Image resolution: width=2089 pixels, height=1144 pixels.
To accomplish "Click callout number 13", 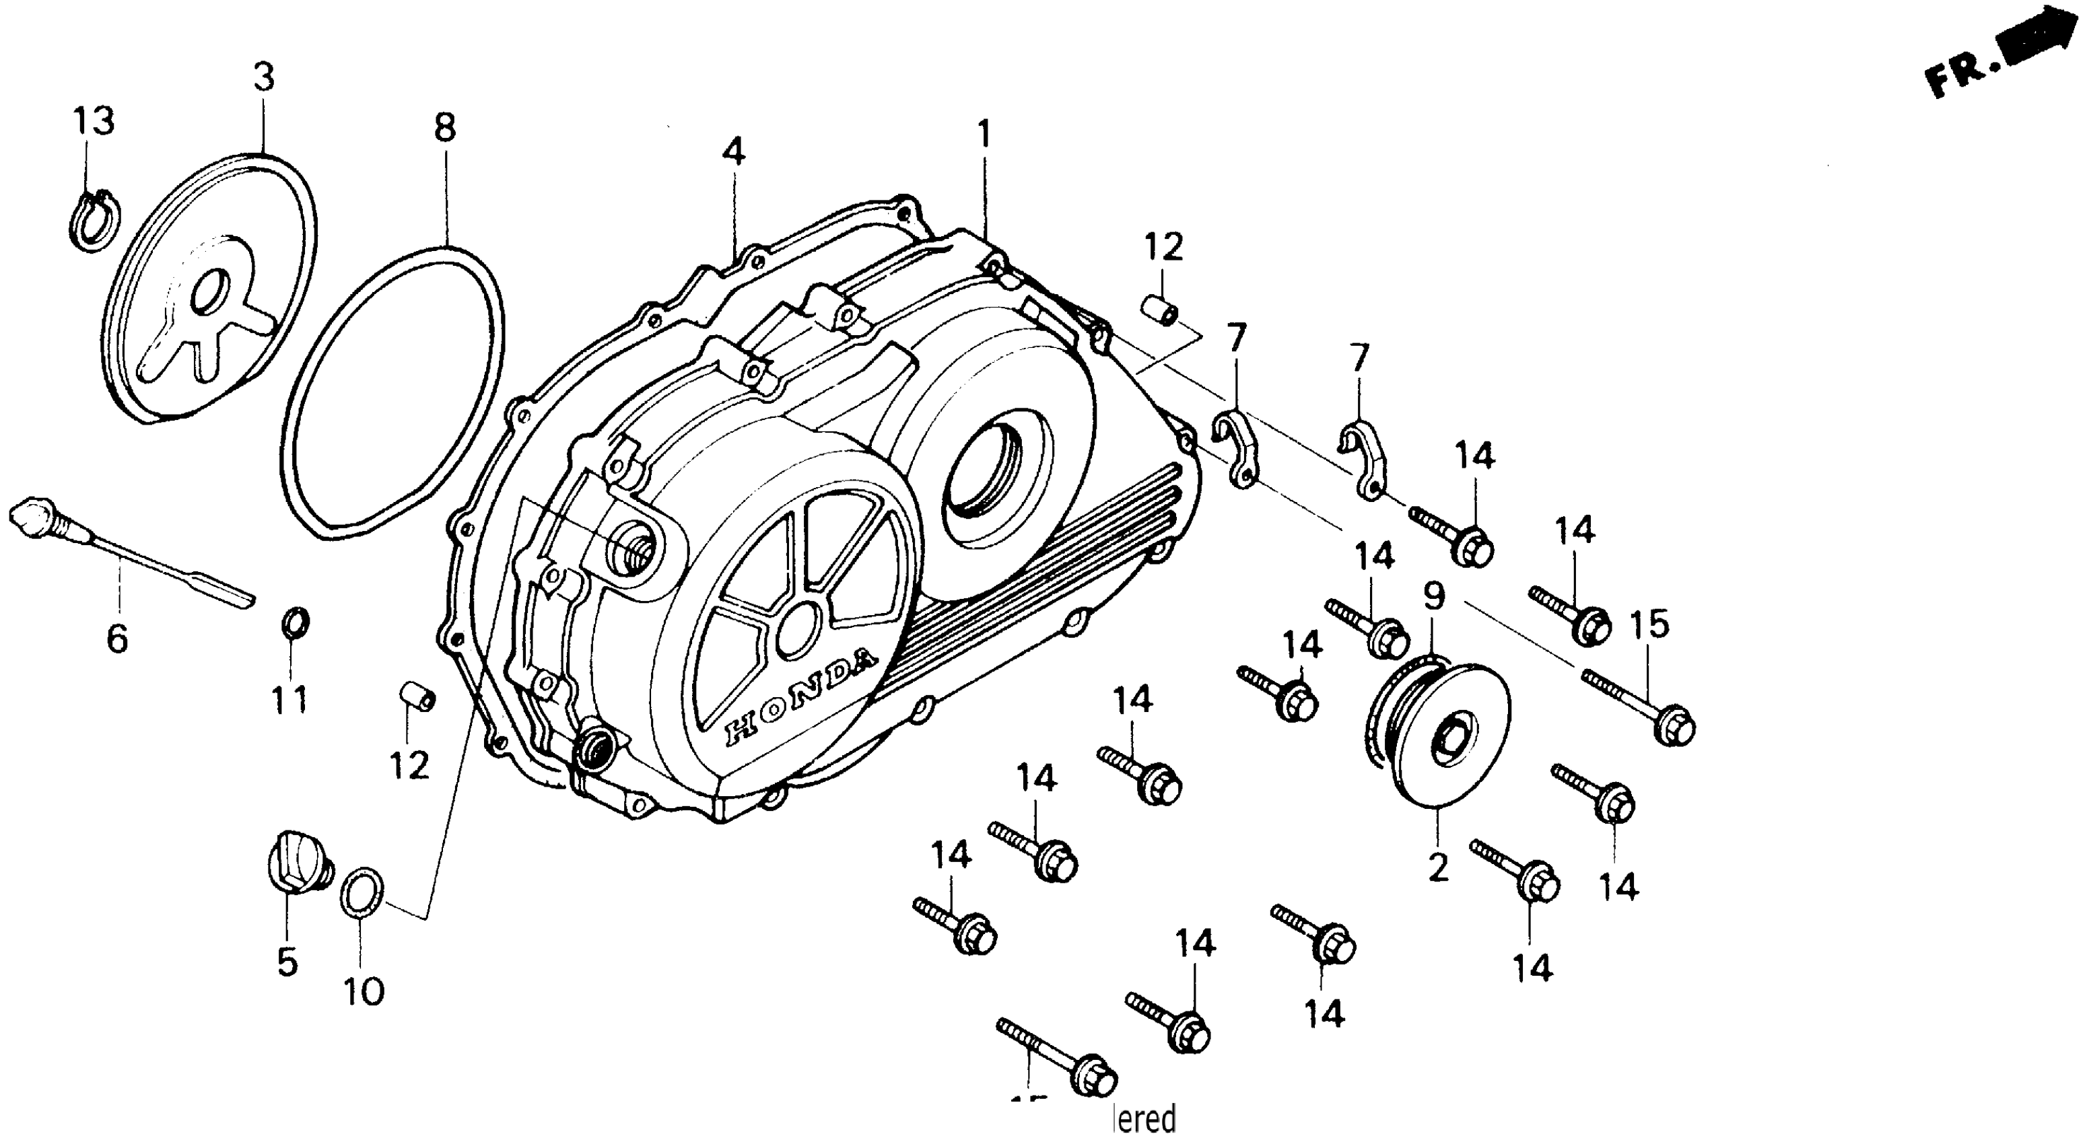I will pos(94,122).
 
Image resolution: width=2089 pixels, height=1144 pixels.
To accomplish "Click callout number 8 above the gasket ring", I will pos(445,127).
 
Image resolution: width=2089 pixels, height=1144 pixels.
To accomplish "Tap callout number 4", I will pos(733,151).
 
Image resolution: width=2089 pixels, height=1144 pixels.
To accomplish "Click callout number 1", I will pos(984,135).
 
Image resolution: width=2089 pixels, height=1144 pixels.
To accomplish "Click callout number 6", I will pos(118,640).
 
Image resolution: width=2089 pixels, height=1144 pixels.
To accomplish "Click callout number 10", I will pos(364,991).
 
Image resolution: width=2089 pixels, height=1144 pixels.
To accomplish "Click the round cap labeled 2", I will pos(1443,736).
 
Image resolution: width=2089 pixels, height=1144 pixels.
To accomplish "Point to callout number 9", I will pos(1434,598).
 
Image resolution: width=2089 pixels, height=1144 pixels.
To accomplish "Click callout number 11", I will pos(289,699).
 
